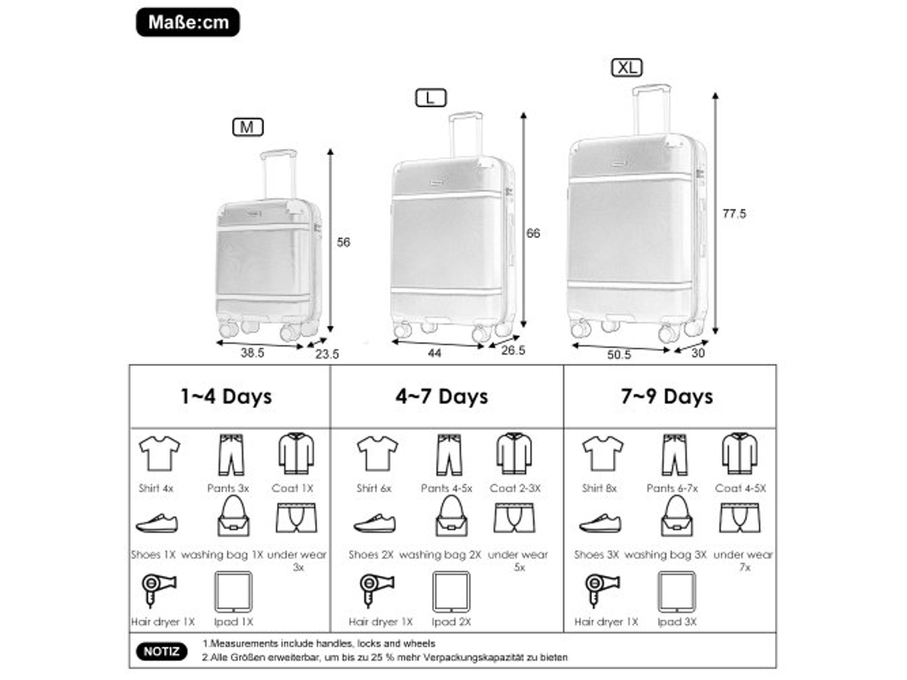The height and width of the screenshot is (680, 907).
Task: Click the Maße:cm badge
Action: click(188, 22)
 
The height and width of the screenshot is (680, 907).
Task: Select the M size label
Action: click(247, 127)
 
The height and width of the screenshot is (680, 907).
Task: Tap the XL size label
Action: click(627, 68)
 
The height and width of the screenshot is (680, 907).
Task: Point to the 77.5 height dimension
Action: click(734, 214)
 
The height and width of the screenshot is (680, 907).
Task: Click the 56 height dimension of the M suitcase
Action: click(344, 243)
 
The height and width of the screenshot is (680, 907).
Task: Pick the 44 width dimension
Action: click(434, 352)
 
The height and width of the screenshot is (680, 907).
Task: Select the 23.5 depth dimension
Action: click(327, 354)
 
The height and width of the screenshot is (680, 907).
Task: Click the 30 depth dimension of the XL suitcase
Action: click(699, 353)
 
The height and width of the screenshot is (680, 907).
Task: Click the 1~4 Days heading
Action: click(226, 397)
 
